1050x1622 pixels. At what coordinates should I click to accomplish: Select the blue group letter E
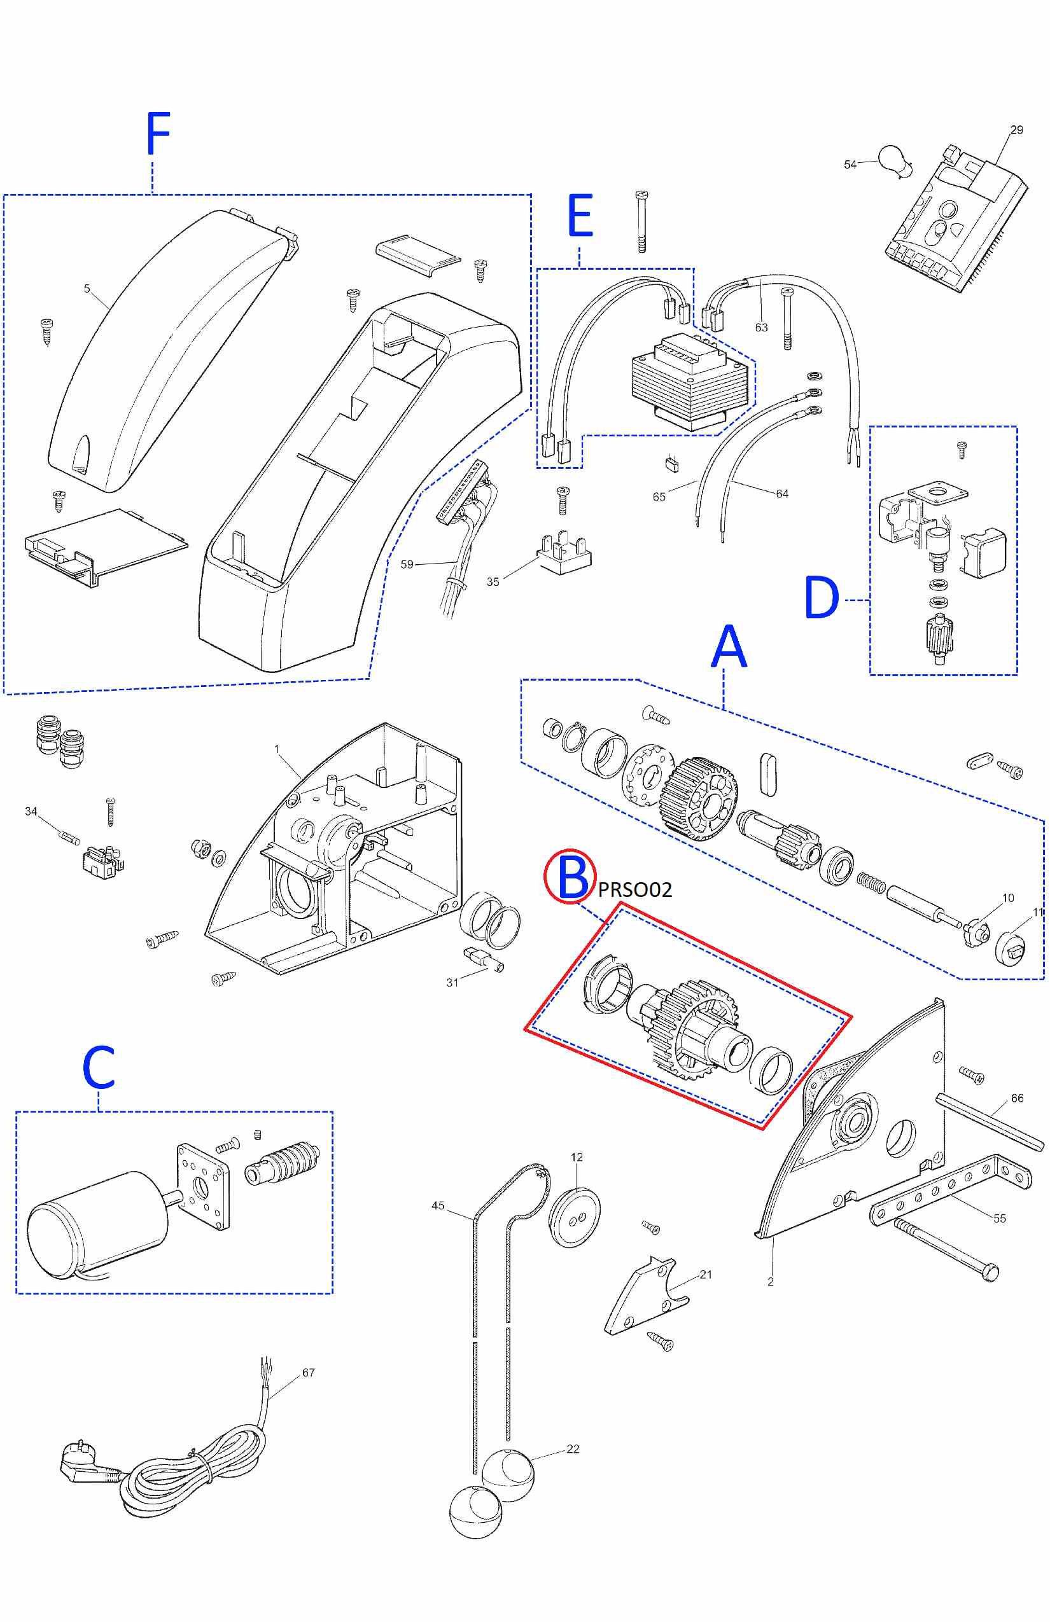click(x=580, y=216)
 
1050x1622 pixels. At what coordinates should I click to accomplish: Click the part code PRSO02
click(x=635, y=889)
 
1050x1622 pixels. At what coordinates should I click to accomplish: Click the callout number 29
click(x=1017, y=130)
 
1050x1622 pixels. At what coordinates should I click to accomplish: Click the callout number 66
click(x=1018, y=1098)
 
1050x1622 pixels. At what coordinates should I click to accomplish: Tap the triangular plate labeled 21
click(x=647, y=1296)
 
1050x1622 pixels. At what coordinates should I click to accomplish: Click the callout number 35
click(x=493, y=581)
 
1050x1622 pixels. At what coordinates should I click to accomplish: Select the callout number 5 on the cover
click(x=87, y=289)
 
